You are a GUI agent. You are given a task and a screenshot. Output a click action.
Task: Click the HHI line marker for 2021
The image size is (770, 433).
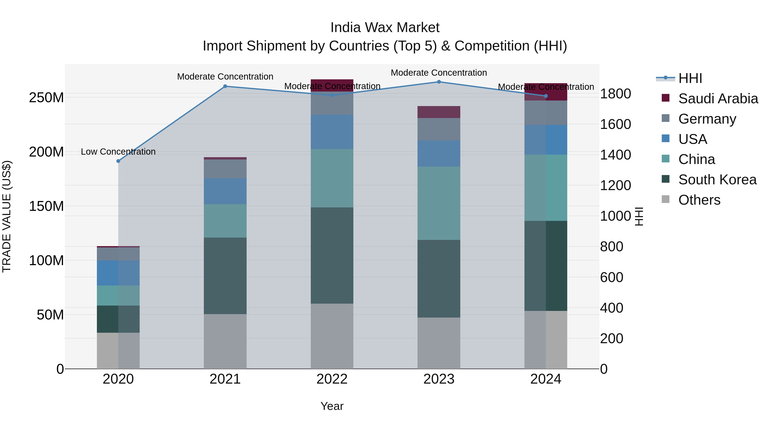(x=225, y=86)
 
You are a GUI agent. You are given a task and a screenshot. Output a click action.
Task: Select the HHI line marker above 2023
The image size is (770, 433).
(x=439, y=82)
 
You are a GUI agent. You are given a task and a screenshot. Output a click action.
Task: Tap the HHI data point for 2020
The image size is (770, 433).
(x=118, y=161)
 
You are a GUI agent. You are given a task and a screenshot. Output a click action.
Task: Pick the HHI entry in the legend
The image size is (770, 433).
(x=690, y=78)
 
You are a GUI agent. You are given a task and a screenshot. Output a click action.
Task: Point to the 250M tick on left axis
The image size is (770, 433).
(x=46, y=98)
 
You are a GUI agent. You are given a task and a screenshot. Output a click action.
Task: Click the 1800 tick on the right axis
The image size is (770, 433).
(x=615, y=94)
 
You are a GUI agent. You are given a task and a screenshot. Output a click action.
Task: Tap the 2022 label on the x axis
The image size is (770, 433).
(x=332, y=379)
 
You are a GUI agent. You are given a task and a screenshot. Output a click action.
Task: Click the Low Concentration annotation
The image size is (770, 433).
(x=118, y=152)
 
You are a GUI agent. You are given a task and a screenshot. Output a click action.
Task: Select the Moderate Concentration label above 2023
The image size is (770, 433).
(x=439, y=73)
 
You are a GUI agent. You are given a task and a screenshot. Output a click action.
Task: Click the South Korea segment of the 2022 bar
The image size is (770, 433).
(x=332, y=256)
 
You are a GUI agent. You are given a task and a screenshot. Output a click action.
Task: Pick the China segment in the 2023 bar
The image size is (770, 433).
(x=439, y=203)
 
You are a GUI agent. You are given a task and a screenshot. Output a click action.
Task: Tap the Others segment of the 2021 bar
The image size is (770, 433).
(x=225, y=341)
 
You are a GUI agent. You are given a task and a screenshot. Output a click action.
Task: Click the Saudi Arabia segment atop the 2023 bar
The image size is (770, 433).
(x=439, y=112)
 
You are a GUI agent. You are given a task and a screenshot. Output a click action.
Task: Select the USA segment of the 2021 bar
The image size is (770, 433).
(x=225, y=191)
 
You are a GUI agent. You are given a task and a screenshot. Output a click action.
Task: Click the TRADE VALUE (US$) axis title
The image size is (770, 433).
(x=7, y=216)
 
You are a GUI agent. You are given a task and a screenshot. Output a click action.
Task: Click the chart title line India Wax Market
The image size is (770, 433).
(x=385, y=28)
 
